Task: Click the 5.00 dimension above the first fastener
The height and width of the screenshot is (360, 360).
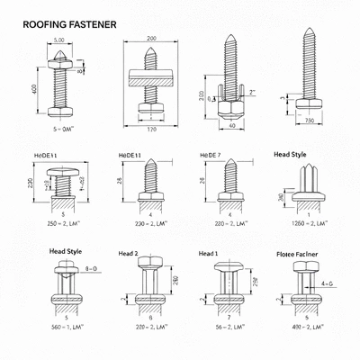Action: click(58, 40)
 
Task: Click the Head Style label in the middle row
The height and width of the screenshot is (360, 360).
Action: click(289, 155)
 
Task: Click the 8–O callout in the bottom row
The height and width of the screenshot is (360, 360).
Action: click(91, 268)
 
